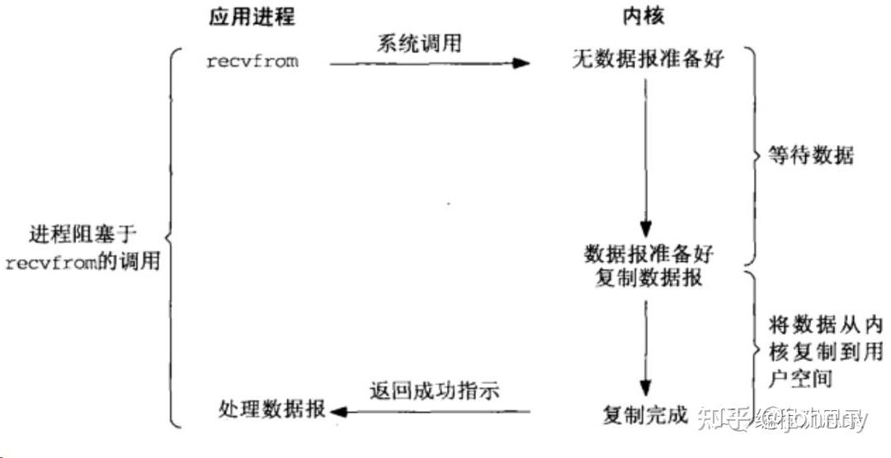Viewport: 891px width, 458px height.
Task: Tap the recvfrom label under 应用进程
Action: (252, 62)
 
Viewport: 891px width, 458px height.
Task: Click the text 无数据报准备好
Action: (648, 59)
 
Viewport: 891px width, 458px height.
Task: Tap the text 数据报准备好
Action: (648, 255)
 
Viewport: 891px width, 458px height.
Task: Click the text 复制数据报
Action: (648, 278)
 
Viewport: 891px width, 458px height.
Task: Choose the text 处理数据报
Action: (272, 409)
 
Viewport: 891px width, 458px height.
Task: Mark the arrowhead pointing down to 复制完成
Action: (647, 388)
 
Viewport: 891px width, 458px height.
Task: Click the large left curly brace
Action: (172, 239)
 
